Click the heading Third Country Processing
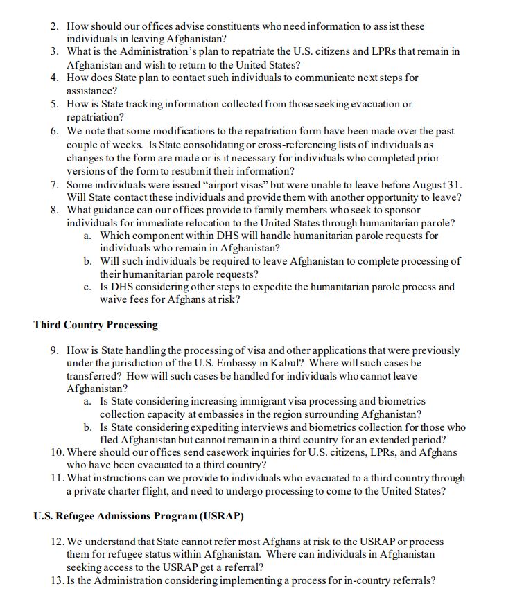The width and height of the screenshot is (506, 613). click(x=96, y=325)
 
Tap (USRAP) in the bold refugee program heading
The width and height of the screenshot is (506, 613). click(x=221, y=516)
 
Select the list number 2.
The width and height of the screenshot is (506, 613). click(x=55, y=26)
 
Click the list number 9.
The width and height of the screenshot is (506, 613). click(x=55, y=350)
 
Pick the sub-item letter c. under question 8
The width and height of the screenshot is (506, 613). click(x=87, y=287)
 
